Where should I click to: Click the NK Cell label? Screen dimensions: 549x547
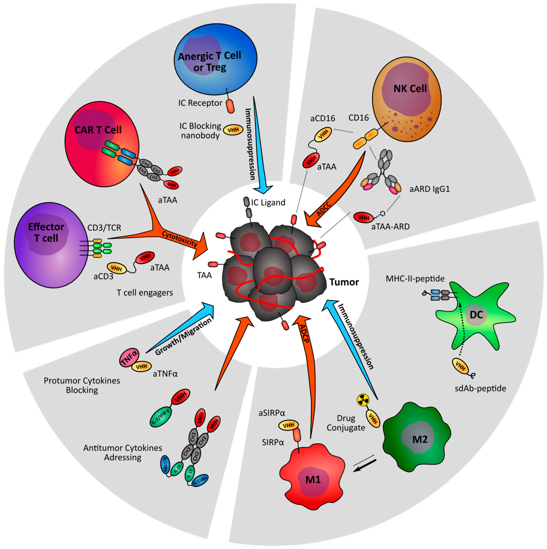point(410,89)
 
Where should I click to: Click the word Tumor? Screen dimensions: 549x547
point(344,282)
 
